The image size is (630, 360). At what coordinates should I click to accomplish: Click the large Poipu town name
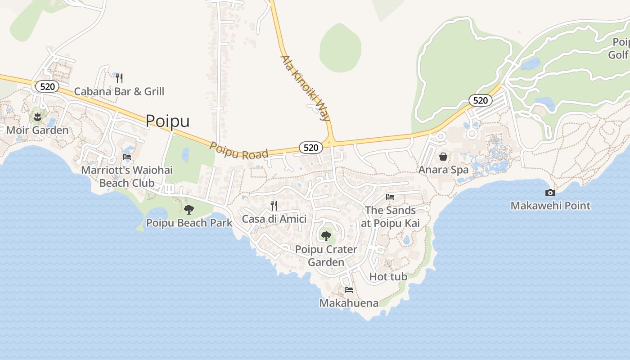point(167,121)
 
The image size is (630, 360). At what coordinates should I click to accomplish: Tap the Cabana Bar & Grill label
point(119,91)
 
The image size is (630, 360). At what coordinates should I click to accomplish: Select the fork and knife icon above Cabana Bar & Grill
point(119,78)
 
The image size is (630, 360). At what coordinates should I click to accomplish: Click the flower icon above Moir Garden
point(37,117)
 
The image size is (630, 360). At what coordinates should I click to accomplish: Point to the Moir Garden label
point(37,130)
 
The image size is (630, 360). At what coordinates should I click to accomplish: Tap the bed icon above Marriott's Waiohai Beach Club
point(127,157)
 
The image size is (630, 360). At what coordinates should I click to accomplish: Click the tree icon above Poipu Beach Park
point(189,209)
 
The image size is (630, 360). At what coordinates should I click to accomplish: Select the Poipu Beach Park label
point(189,223)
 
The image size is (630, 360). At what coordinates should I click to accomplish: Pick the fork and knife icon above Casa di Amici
point(274,206)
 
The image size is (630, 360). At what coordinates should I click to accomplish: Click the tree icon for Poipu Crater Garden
point(326,236)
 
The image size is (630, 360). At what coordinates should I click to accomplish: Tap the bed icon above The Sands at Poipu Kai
point(390,197)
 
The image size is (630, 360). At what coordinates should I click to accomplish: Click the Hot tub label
point(388,277)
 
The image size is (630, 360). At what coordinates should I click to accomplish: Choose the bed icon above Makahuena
point(349,290)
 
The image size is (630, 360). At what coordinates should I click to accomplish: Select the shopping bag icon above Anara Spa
point(443,157)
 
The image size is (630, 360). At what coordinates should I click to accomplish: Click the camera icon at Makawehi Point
point(550,193)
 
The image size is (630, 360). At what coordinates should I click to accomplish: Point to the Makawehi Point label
point(550,206)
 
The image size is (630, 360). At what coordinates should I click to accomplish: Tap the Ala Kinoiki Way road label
point(305,88)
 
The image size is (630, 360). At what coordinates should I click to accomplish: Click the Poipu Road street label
point(239,151)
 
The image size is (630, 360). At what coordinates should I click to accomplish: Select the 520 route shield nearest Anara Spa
point(480,100)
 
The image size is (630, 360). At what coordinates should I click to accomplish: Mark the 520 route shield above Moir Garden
point(47,86)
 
